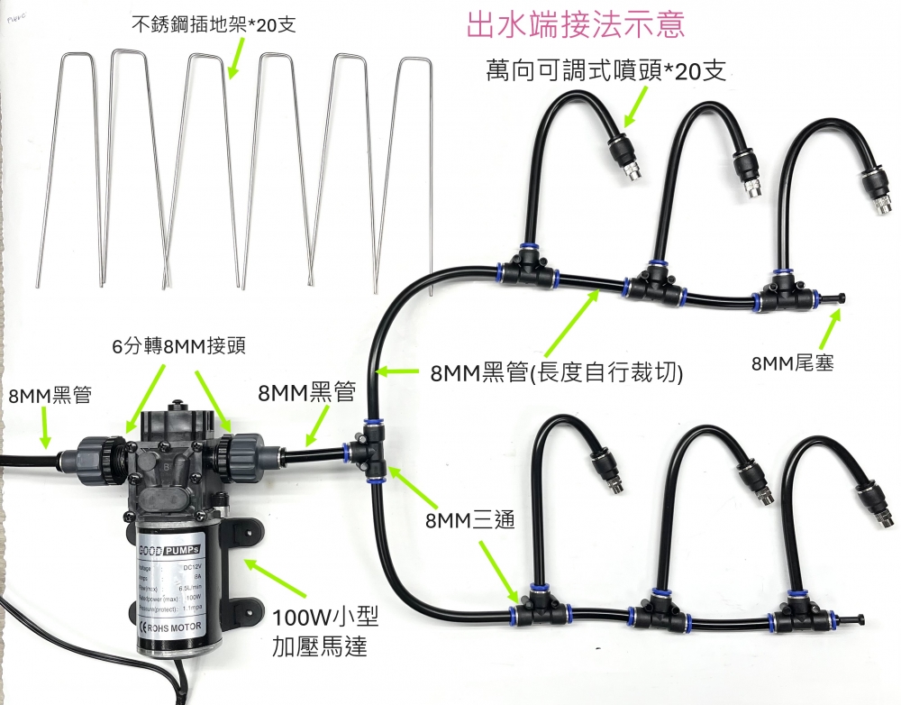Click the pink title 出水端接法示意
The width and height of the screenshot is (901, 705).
click(575, 24)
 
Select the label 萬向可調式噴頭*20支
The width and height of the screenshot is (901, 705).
click(605, 72)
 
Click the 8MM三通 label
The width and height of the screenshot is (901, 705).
click(471, 521)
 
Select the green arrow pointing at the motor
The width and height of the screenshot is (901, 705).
click(268, 581)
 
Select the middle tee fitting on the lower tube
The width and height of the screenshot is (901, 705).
click(665, 609)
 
